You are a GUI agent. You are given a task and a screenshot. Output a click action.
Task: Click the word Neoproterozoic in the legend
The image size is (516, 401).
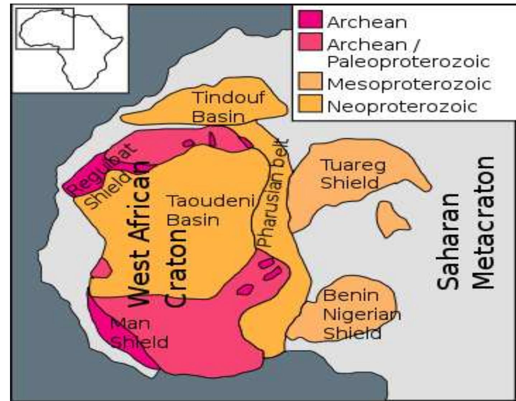(x=402, y=107)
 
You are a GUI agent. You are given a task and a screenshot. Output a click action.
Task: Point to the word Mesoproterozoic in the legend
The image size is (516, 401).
(x=409, y=84)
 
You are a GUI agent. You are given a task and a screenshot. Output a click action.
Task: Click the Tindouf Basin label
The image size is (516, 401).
(x=228, y=107)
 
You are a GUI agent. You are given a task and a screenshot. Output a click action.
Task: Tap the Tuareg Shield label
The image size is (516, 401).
(x=353, y=174)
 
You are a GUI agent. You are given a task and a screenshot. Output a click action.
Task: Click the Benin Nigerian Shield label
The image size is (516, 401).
(x=360, y=314)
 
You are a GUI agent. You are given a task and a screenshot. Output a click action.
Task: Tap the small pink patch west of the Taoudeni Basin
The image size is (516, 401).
(x=102, y=268)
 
